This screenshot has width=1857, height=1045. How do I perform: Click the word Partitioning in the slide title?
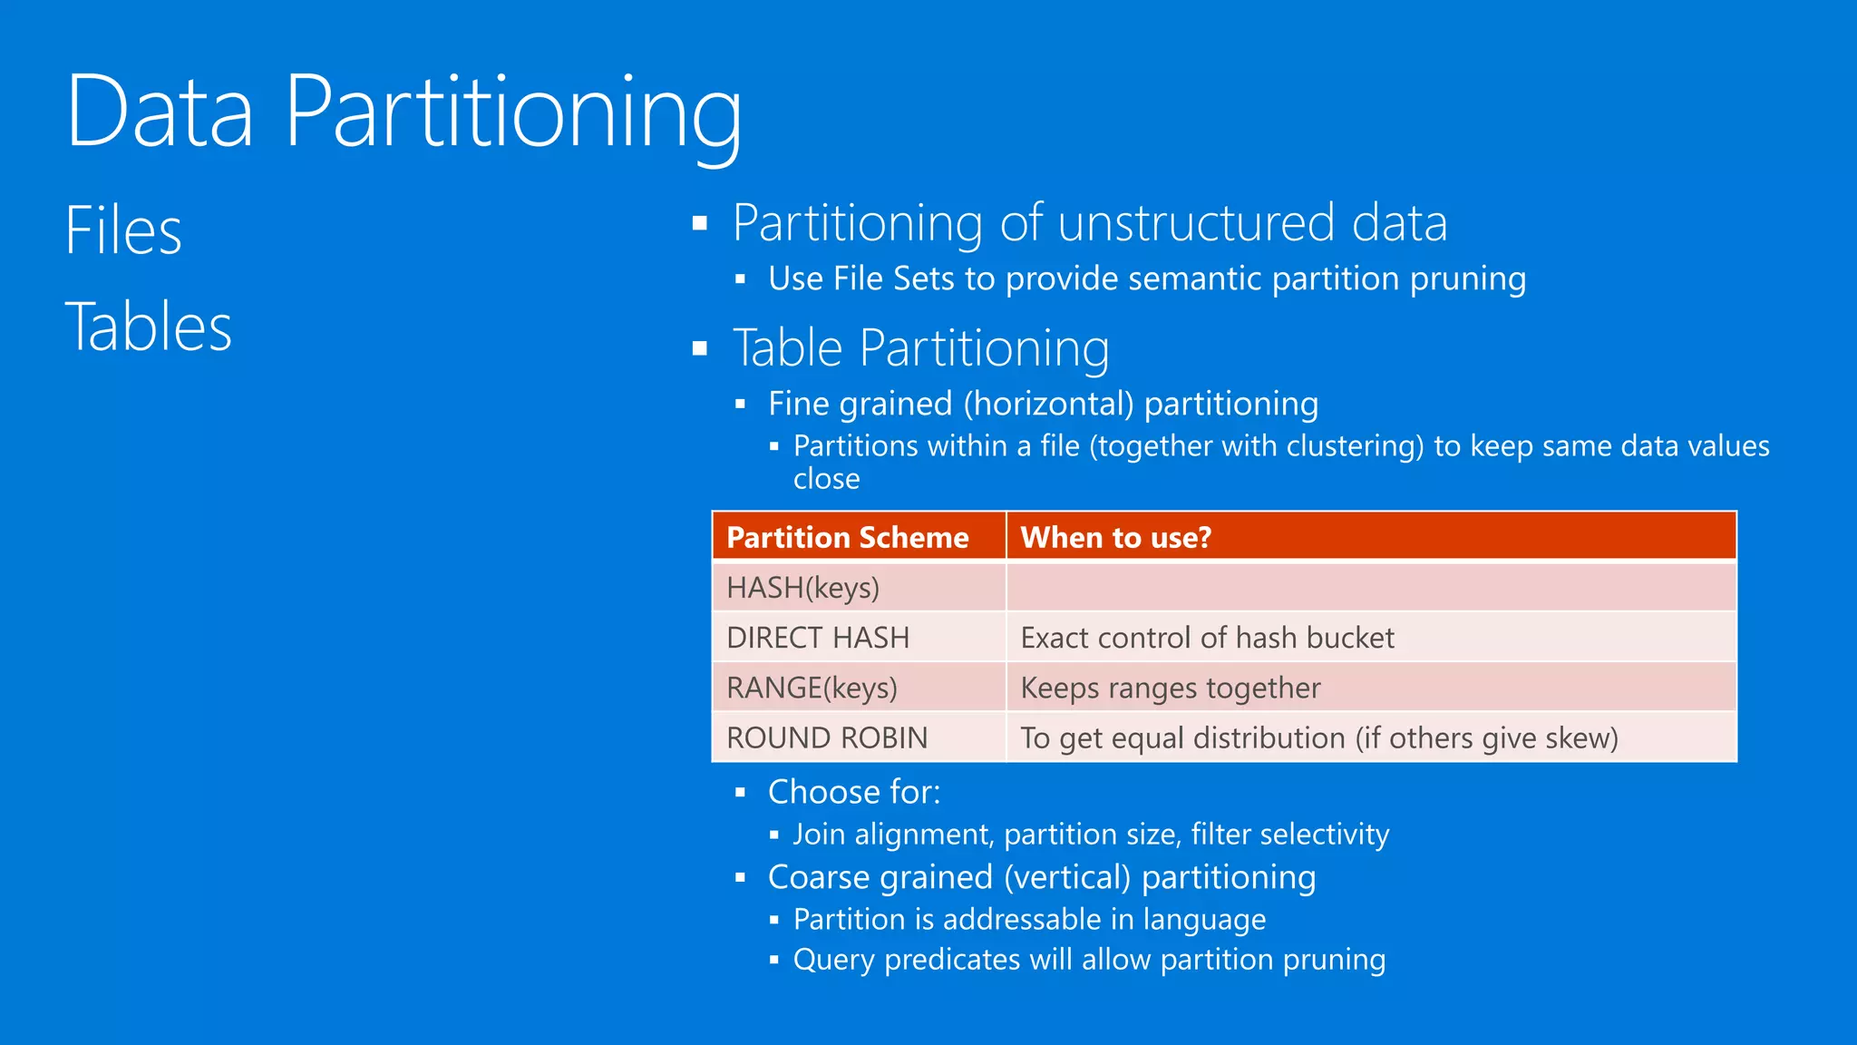point(513,112)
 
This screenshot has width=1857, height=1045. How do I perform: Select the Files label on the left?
point(123,230)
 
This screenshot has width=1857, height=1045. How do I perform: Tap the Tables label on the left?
point(149,327)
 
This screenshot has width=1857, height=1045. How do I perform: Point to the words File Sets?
point(893,278)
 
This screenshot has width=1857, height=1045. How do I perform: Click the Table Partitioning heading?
point(920,348)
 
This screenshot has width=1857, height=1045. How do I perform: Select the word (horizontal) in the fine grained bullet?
point(1048,404)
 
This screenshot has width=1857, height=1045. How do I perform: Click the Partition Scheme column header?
point(847,537)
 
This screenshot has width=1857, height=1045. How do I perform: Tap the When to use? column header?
point(1115,537)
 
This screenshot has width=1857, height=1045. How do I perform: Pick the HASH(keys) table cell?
point(802,588)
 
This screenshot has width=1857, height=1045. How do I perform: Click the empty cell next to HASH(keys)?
point(1369,588)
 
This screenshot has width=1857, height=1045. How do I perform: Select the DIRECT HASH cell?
point(817,638)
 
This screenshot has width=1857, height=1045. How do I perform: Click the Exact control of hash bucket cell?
point(1207,638)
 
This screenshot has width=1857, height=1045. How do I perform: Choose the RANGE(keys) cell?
point(812,688)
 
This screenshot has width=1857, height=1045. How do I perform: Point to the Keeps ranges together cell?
point(1170,688)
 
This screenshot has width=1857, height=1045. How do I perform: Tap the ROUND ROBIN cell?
point(826,737)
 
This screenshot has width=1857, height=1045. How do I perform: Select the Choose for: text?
point(853,792)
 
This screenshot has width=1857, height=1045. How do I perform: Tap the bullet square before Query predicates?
point(774,960)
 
